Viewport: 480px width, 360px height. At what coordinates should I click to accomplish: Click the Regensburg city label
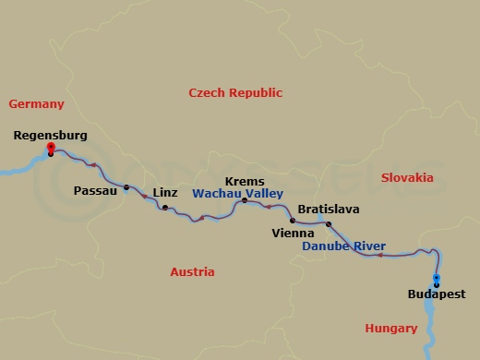(x=51, y=136)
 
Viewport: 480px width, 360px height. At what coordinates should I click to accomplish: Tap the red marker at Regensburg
(x=51, y=148)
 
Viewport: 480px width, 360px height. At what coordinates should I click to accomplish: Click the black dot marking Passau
(x=126, y=188)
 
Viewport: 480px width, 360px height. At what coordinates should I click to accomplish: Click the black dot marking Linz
(x=165, y=208)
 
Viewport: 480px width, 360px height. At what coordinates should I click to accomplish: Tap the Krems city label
(x=245, y=182)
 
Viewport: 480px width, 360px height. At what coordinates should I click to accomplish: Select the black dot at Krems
(x=244, y=199)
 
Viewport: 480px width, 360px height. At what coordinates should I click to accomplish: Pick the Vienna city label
(x=293, y=234)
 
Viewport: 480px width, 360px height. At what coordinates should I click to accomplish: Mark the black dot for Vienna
(x=293, y=221)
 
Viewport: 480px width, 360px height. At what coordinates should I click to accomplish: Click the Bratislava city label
(x=328, y=210)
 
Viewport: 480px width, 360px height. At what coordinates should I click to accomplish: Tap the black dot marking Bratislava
(x=329, y=223)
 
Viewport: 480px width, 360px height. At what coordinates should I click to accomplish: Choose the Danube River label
(x=344, y=246)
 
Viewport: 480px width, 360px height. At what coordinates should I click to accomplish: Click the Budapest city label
(x=436, y=295)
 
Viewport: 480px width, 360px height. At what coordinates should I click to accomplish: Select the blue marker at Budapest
(x=436, y=279)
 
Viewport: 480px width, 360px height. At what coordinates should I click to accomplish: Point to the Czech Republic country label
(x=235, y=93)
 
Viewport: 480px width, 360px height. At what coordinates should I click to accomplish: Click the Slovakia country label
(x=406, y=176)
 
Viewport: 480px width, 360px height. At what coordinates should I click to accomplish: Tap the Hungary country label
(x=391, y=328)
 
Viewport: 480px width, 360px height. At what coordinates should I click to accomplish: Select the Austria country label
(x=192, y=272)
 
